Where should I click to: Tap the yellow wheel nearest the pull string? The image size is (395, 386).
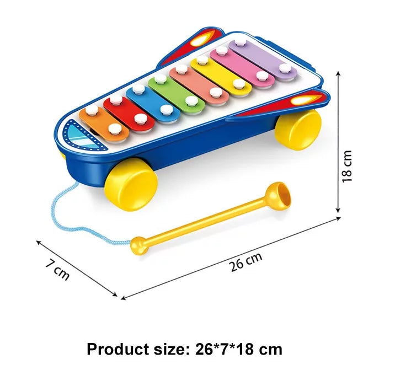[131, 183]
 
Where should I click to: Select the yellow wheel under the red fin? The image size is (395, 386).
[298, 128]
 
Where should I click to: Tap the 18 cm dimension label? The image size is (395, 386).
[347, 167]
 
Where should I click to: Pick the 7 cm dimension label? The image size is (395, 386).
[57, 269]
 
